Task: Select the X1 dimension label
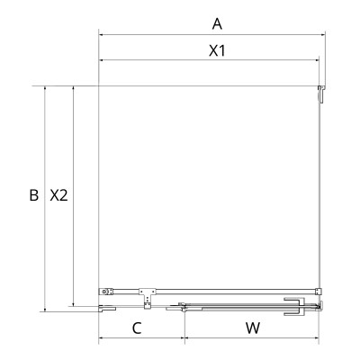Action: point(216,50)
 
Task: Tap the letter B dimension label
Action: point(32,194)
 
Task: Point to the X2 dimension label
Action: point(59,194)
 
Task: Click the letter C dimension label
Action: point(137,328)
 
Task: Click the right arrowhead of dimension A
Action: point(321,36)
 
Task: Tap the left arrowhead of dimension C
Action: point(101,339)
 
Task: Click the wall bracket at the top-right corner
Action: point(319,92)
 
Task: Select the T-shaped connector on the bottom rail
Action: point(146,292)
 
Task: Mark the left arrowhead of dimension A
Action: point(101,36)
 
